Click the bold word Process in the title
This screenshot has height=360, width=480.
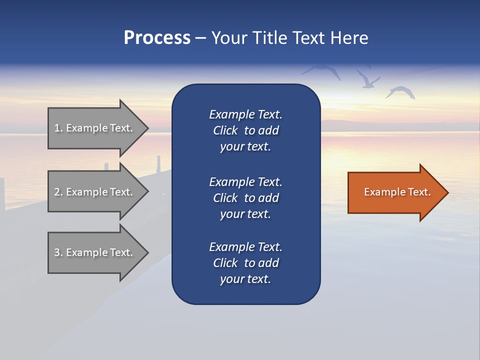click(x=157, y=38)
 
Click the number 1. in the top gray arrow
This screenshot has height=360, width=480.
click(x=58, y=128)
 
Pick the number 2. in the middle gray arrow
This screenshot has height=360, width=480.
click(x=58, y=192)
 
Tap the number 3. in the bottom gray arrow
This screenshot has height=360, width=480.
click(x=58, y=252)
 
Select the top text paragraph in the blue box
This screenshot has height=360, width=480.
click(x=245, y=130)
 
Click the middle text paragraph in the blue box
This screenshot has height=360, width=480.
click(x=245, y=198)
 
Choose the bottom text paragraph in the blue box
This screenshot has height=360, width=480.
click(x=245, y=263)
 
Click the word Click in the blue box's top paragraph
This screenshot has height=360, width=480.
click(x=225, y=130)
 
